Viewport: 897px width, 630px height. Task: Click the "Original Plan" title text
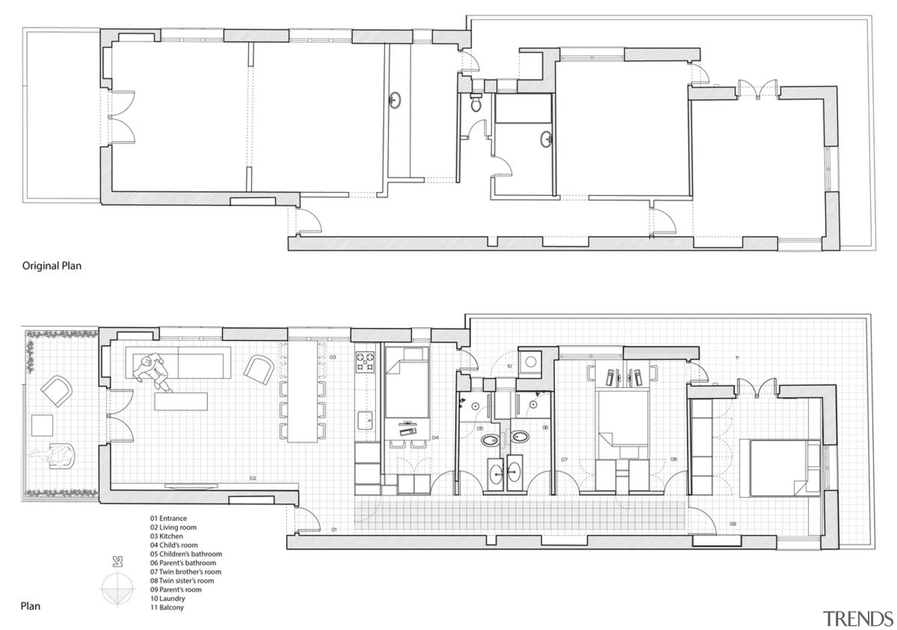coord(52,266)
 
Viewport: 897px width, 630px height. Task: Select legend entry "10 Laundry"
coord(167,598)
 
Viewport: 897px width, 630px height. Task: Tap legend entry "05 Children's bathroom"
coord(186,554)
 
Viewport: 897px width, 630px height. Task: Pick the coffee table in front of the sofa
coord(180,402)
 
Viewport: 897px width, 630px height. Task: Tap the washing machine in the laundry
coord(530,362)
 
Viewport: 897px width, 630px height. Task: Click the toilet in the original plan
coord(475,103)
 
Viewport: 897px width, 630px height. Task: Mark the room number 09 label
coord(733,524)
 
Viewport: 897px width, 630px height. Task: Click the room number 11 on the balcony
coord(737,357)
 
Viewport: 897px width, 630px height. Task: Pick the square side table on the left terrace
coord(42,425)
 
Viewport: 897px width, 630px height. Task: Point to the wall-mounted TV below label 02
coord(191,486)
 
